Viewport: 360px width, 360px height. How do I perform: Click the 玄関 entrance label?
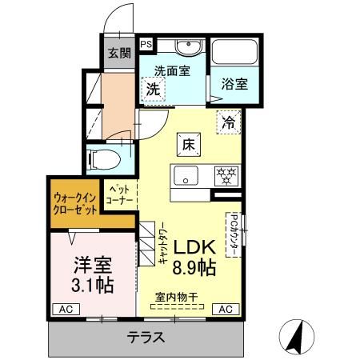120,54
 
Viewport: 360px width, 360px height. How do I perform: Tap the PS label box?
147,45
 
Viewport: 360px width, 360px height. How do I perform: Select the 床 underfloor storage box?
190,145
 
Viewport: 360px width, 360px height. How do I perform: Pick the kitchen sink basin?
186,177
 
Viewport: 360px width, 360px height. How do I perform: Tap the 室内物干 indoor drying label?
178,297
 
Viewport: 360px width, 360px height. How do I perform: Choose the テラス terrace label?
146,337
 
